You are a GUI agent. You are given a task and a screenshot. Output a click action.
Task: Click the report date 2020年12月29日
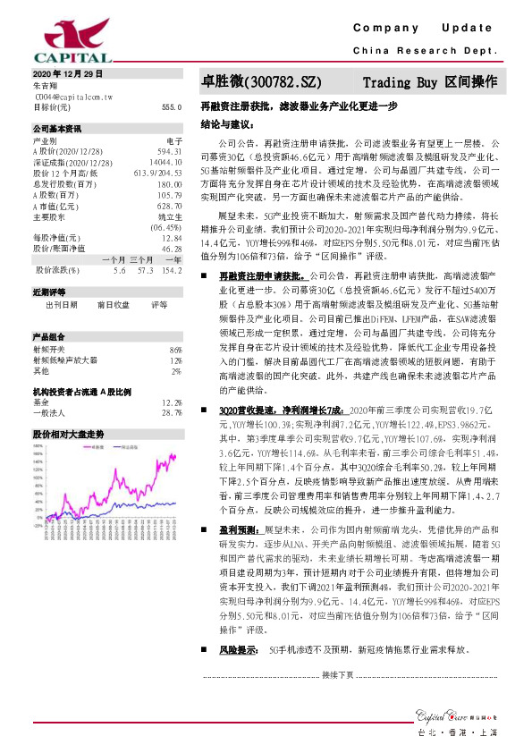click(x=68, y=72)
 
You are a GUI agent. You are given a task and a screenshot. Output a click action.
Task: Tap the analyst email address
click(x=73, y=95)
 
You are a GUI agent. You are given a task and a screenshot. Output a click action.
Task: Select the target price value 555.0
click(x=173, y=106)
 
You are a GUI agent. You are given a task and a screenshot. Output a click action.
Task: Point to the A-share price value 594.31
click(x=170, y=151)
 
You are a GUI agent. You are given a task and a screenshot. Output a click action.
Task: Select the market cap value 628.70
click(x=170, y=205)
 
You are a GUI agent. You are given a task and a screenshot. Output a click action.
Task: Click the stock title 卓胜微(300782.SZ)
click(x=260, y=81)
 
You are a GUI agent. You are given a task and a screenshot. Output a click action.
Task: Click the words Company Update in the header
click(x=428, y=29)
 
